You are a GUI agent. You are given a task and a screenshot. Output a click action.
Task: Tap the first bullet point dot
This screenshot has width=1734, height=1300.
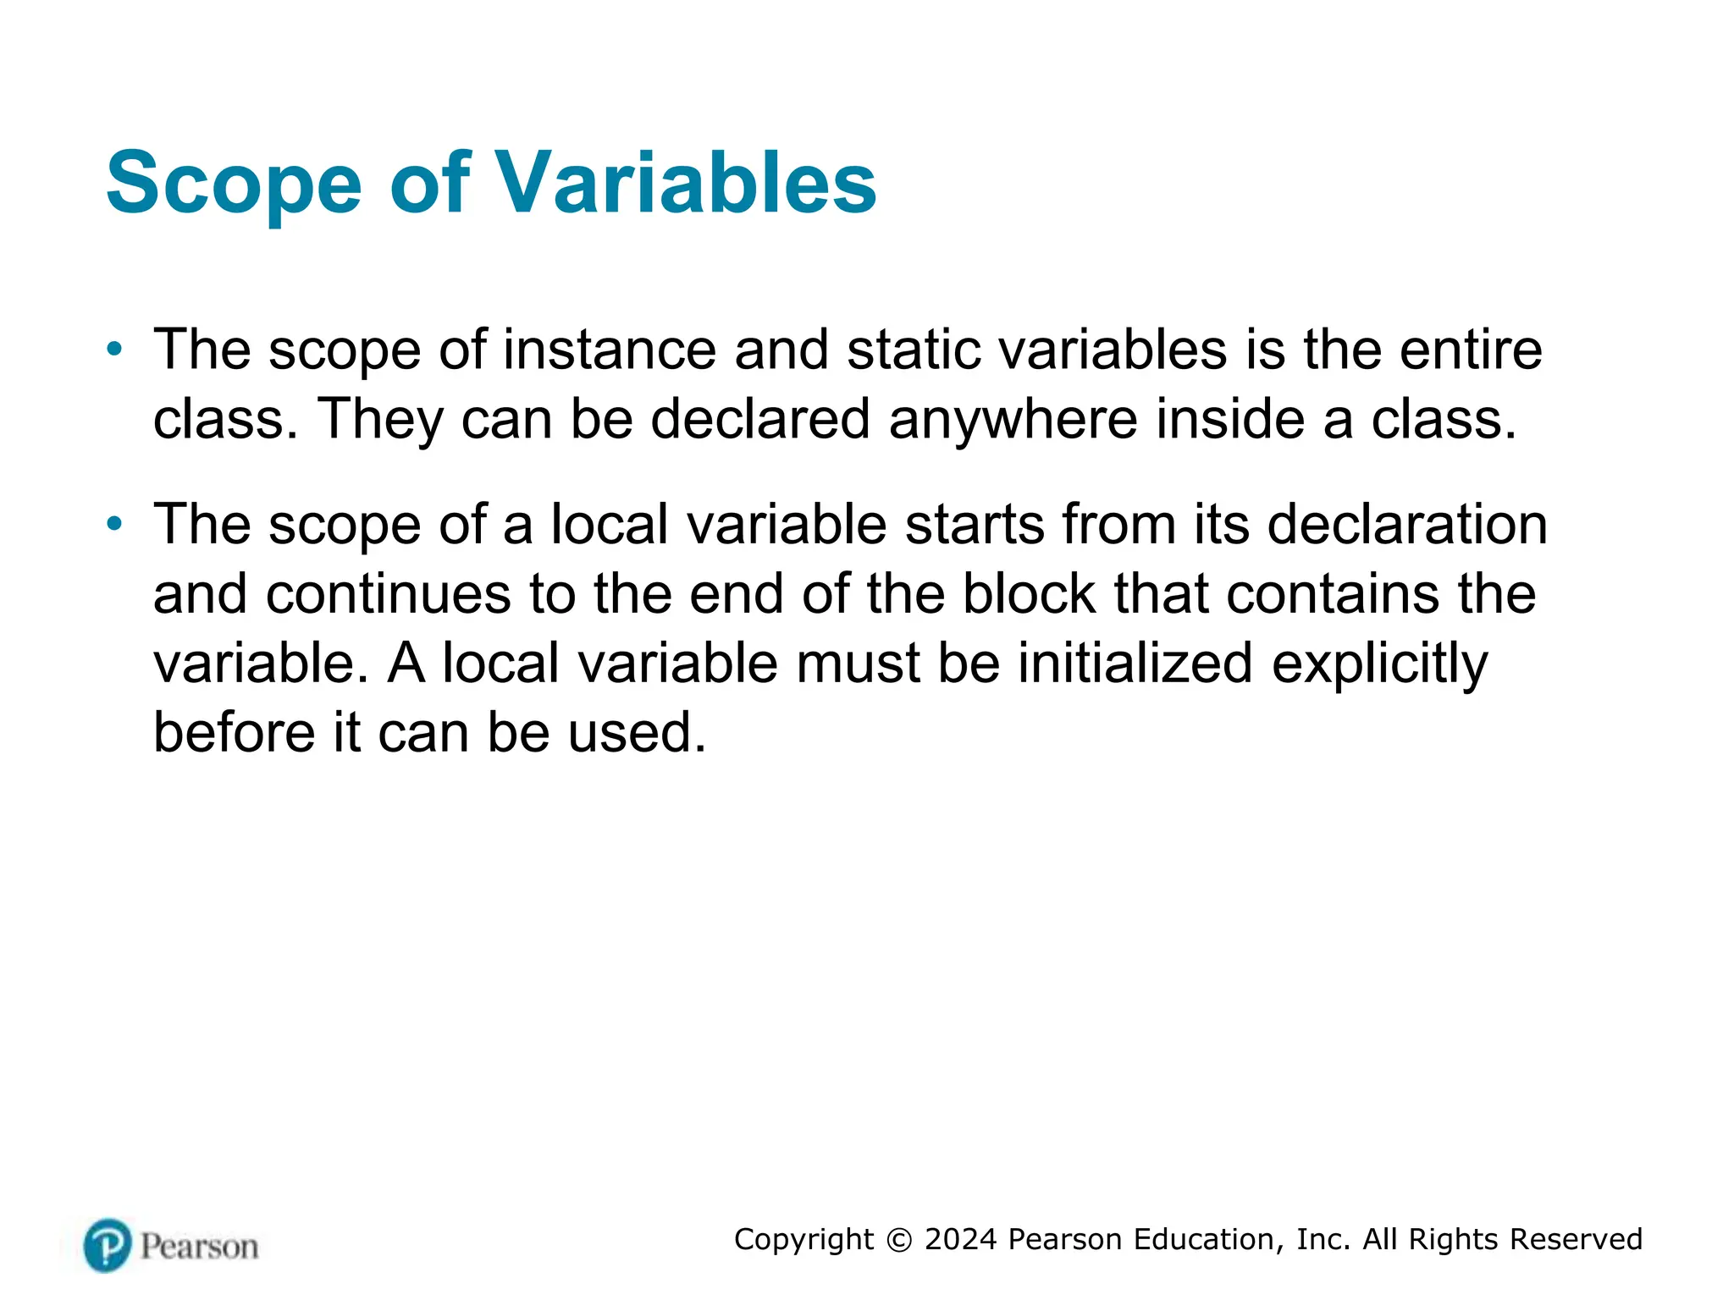coord(115,349)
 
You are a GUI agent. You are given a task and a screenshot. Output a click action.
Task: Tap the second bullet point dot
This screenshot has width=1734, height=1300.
coord(115,524)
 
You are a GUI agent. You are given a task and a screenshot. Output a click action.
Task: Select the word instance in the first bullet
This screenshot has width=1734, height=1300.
coord(610,350)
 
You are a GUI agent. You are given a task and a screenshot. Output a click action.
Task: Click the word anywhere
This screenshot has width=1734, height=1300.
coord(1013,419)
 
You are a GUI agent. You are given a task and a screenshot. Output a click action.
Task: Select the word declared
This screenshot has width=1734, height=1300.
coord(760,419)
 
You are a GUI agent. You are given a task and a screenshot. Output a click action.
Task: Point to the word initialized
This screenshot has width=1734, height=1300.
coord(1135,663)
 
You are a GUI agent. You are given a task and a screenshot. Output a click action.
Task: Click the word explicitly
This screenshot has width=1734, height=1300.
coord(1379,664)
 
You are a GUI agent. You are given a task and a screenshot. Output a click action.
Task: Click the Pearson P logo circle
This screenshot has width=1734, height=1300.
coord(108,1245)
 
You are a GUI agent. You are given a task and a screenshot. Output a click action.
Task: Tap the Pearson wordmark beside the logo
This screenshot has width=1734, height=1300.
coord(199,1247)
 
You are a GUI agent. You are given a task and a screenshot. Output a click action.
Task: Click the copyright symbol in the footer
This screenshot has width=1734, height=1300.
coord(899,1240)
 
